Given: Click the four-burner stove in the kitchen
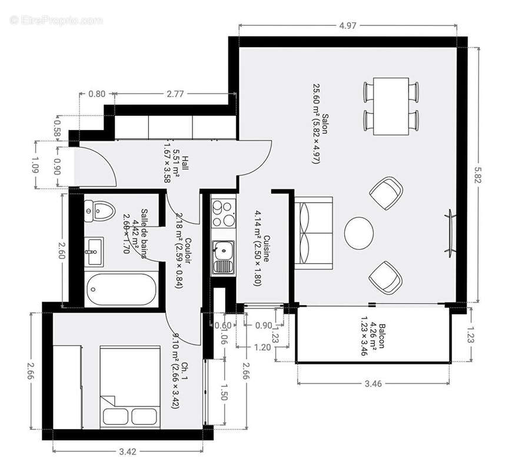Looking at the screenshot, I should tap(223, 214).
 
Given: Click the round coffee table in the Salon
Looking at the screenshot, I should tap(358, 233).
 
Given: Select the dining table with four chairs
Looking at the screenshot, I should tap(391, 105).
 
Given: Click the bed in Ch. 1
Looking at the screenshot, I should tap(130, 386).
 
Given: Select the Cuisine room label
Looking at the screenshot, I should tap(266, 252).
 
